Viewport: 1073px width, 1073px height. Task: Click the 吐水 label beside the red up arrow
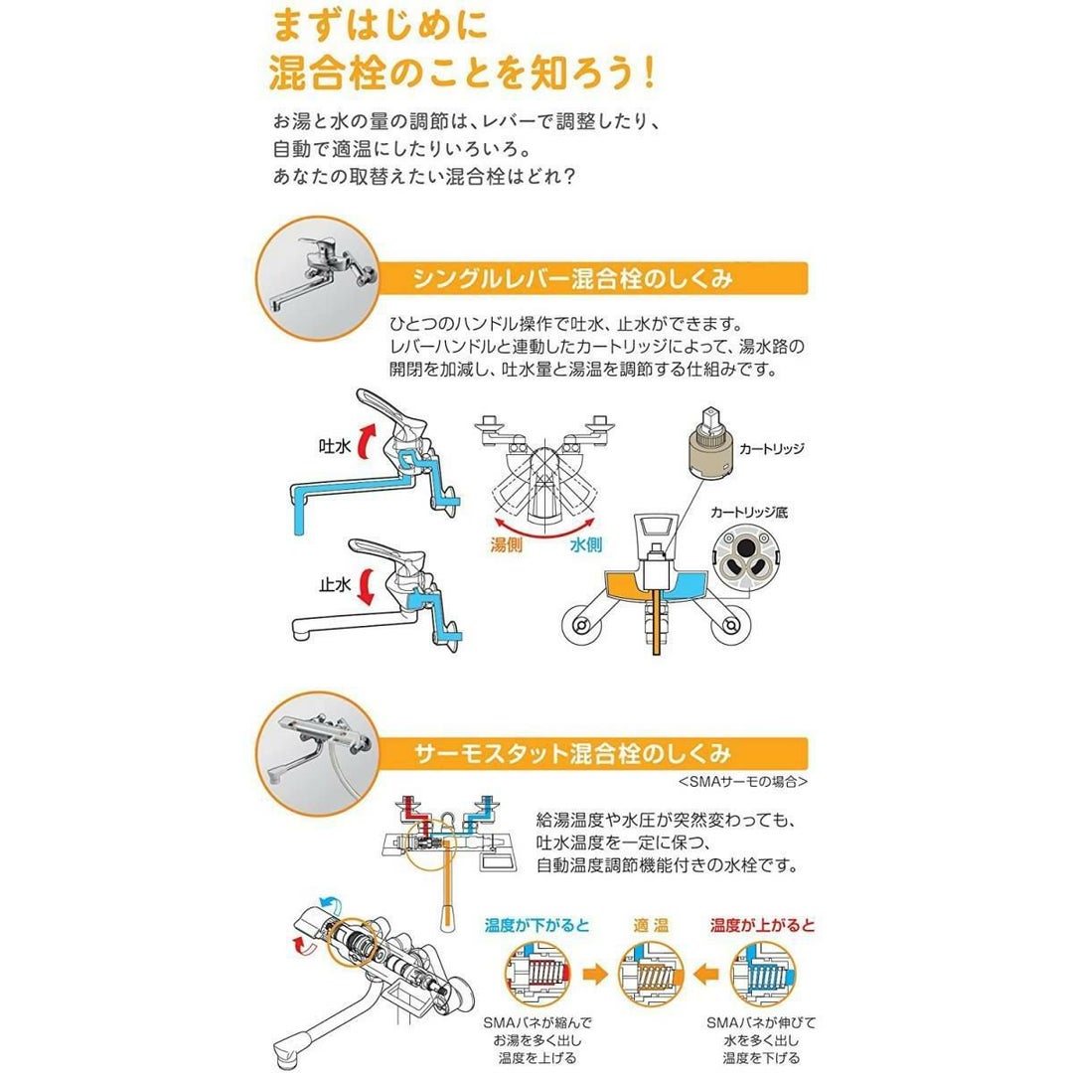click(x=335, y=447)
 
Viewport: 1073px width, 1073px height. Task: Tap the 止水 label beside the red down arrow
click(x=335, y=585)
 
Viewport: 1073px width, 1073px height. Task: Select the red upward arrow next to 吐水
click(x=369, y=441)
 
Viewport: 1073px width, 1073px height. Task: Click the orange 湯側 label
click(x=507, y=544)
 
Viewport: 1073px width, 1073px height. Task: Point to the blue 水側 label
click(x=586, y=544)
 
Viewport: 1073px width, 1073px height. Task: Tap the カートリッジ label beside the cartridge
click(x=771, y=449)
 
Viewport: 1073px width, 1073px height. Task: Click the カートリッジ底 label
click(x=749, y=512)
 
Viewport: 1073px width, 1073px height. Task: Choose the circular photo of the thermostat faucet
click(x=318, y=754)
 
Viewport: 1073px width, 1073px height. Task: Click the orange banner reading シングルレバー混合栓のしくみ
click(x=592, y=278)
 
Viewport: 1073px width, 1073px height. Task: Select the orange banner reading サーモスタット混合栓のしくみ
click(x=592, y=754)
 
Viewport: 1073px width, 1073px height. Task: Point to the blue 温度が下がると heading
click(x=537, y=926)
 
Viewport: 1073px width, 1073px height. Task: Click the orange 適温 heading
click(x=651, y=926)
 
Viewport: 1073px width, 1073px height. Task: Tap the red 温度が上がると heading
click(x=762, y=926)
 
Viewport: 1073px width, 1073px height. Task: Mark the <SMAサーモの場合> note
click(x=743, y=782)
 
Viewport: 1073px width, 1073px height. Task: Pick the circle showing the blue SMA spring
click(x=763, y=974)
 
